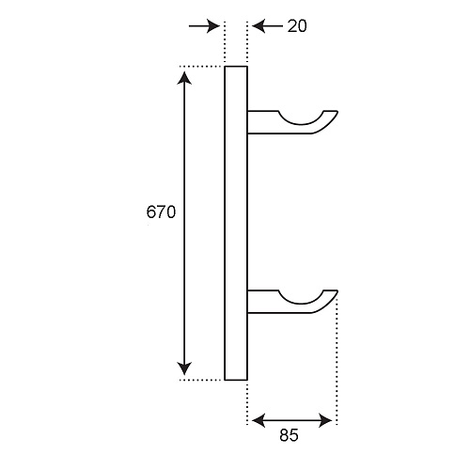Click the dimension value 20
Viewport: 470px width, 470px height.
[297, 26]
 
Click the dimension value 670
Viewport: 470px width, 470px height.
[161, 212]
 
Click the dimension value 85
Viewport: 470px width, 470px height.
[289, 435]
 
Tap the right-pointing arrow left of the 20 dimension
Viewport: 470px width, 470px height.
[205, 26]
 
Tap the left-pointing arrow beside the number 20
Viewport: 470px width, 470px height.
[268, 26]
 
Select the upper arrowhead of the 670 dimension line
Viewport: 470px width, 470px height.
[184, 78]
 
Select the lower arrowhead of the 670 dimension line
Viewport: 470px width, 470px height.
[184, 368]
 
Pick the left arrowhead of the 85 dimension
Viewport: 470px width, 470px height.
[258, 420]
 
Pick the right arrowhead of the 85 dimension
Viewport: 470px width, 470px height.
[325, 420]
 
